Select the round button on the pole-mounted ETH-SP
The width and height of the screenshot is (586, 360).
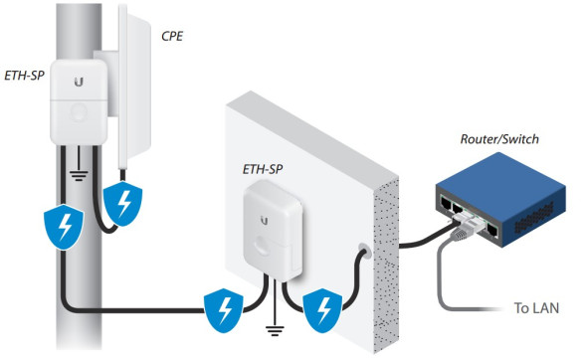(77, 112)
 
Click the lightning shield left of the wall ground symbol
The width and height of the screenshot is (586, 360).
(221, 310)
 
